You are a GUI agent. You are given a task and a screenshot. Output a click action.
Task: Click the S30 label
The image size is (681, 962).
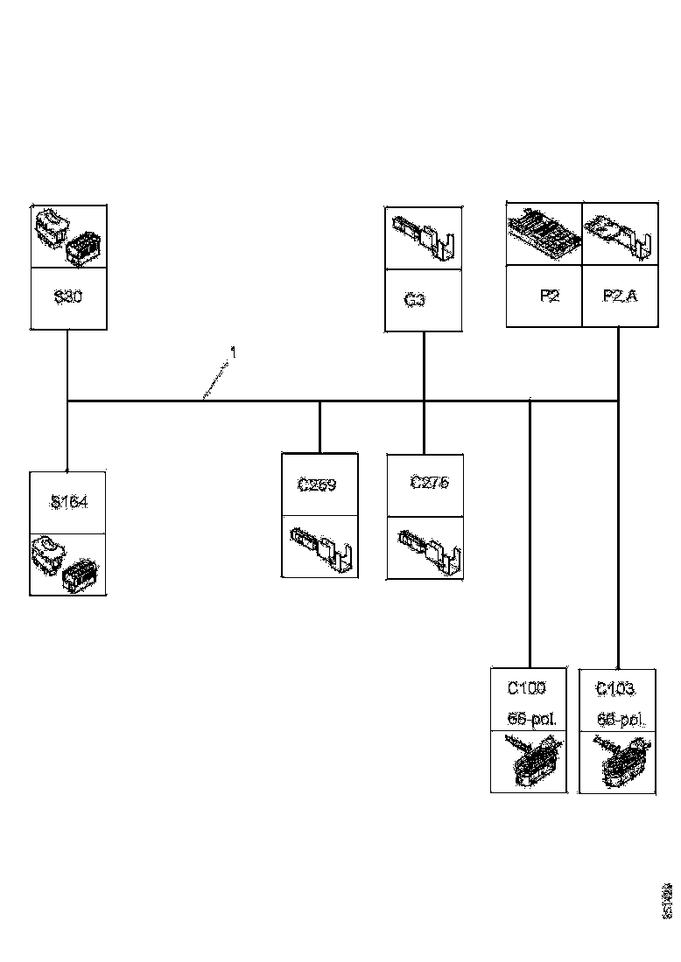coord(68,297)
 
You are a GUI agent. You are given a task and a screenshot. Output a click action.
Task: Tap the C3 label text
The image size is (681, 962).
coord(415,300)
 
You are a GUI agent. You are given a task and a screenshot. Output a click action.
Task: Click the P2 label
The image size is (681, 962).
coord(549,296)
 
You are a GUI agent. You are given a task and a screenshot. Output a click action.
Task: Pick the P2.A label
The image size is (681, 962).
coord(620,296)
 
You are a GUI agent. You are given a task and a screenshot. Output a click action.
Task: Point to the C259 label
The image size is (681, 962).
coord(317,485)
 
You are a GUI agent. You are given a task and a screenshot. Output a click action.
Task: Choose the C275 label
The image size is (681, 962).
coord(430,483)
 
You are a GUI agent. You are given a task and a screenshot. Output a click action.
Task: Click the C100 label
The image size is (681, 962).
coord(527,689)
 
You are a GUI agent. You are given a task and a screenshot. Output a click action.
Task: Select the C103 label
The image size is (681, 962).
coord(615,689)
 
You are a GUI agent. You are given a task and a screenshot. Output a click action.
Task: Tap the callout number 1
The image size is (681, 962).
coord(233,352)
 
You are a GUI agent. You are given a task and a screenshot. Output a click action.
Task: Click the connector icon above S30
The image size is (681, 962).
coord(68,237)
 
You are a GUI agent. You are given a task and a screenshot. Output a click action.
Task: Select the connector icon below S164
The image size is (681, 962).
coord(67,564)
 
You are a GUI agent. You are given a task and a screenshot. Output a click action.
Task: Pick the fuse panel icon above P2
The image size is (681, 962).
coord(544,234)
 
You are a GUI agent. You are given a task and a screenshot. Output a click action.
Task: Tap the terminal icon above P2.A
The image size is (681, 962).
coord(620,234)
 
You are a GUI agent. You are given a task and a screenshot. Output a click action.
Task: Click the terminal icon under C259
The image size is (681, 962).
coord(319,547)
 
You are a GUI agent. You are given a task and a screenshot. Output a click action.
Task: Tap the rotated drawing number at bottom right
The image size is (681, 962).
coord(668,901)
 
